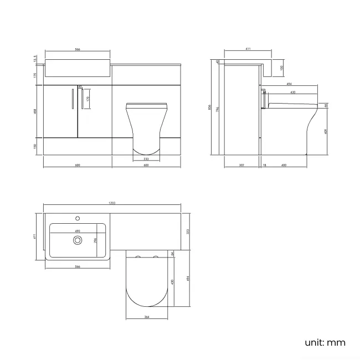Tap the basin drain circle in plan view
[x=78, y=240]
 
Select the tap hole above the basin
[x=78, y=218]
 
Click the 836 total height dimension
[x=210, y=107]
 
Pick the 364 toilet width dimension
[x=146, y=317]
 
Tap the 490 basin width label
[x=78, y=231]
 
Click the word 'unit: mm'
[x=325, y=342]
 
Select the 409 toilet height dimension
[x=325, y=132]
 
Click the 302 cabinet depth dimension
[x=241, y=164]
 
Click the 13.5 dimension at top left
[x=35, y=58]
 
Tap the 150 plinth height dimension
[x=35, y=146]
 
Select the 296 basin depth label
[x=95, y=240]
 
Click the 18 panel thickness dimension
[x=265, y=164]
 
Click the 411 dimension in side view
[x=248, y=50]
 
